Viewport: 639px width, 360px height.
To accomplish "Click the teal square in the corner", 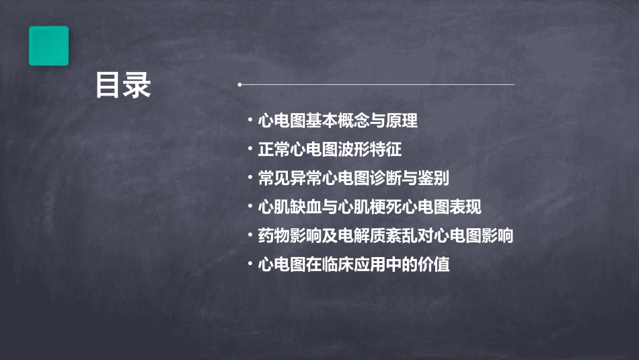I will [48, 46].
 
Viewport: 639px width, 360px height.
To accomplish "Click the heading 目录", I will [122, 85].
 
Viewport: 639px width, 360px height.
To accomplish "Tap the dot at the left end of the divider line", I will [239, 85].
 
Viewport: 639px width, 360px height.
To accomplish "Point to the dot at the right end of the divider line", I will [513, 85].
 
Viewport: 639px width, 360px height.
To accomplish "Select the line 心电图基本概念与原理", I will [338, 121].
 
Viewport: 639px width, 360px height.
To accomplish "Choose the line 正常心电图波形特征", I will [330, 149].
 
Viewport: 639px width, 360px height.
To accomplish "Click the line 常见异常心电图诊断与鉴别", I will [353, 178].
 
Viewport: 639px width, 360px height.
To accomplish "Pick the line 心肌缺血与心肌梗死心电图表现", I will [369, 207].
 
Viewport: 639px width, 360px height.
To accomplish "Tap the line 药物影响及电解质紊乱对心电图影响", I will [385, 236].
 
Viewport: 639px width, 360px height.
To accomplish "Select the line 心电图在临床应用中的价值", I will [353, 264].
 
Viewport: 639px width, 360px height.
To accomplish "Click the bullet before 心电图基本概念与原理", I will [250, 121].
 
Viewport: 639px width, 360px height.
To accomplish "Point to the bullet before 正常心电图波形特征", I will [250, 149].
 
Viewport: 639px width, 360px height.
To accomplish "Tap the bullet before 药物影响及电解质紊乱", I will [250, 236].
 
